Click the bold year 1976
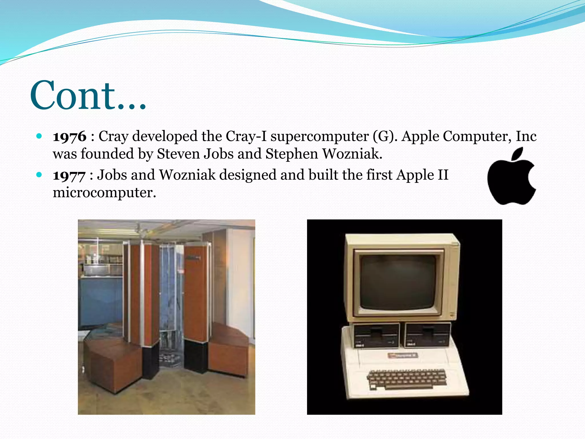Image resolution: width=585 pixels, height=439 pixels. [69, 137]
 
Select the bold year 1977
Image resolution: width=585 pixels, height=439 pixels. [69, 175]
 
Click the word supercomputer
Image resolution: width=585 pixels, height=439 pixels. [319, 136]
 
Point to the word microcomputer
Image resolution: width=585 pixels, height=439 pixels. [104, 193]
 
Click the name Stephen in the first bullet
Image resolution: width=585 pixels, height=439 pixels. [291, 154]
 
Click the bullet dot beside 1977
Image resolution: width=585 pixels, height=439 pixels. [39, 174]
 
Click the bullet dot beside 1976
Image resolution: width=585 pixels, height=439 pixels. [39, 136]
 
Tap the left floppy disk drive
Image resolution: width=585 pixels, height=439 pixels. [376, 335]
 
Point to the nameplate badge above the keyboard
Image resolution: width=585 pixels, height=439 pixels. [403, 355]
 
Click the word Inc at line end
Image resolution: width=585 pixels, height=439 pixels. [526, 136]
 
